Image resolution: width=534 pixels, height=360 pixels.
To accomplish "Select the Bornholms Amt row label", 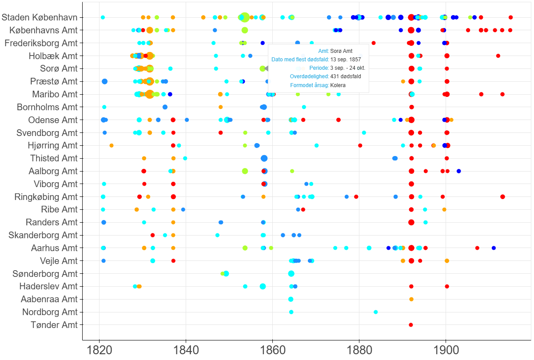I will [x=47, y=107].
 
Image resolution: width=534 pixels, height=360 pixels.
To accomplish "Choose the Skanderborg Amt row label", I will [x=43, y=235].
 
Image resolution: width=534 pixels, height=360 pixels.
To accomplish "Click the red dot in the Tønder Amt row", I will [x=411, y=325].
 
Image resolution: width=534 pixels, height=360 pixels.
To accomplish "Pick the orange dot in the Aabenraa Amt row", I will [x=411, y=299].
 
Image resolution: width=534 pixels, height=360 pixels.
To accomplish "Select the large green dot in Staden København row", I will [x=244, y=17].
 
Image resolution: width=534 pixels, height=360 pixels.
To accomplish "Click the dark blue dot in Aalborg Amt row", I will [x=459, y=171].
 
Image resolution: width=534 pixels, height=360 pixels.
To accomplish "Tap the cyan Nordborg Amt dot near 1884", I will [x=376, y=312].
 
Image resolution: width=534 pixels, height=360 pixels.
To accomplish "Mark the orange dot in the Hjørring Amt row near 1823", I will [x=112, y=145].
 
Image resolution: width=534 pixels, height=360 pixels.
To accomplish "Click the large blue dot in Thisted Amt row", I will [x=264, y=158].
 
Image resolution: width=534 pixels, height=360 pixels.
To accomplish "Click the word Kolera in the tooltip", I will [x=338, y=85].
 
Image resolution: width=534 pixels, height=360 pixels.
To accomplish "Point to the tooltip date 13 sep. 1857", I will [x=346, y=59].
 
